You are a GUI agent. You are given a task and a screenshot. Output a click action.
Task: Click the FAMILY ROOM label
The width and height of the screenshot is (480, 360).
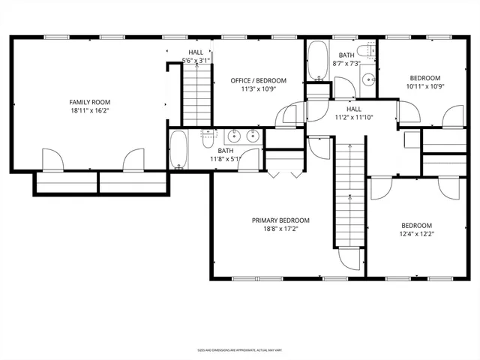tap(90, 102)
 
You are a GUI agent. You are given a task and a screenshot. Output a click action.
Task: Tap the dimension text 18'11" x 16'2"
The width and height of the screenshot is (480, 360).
tap(90, 111)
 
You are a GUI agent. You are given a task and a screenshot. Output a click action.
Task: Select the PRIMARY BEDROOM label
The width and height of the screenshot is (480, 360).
tap(280, 220)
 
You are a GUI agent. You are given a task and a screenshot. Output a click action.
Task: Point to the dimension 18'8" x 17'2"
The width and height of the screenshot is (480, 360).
tap(280, 229)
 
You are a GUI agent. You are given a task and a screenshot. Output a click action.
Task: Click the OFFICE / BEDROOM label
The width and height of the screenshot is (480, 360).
tap(258, 80)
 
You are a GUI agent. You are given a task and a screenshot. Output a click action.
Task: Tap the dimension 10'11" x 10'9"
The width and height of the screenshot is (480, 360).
tap(425, 86)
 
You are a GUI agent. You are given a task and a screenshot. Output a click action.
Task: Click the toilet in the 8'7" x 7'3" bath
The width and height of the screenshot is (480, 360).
tap(365, 51)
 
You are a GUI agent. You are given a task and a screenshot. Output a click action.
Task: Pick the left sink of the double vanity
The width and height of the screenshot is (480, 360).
tap(235, 136)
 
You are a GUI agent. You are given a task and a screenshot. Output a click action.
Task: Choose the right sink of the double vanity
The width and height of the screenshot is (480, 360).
tap(253, 136)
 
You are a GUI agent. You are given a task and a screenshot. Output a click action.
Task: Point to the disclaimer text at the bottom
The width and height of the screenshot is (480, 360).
tap(239, 349)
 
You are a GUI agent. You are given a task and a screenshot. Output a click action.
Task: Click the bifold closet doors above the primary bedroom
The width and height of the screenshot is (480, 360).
tap(277, 173)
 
